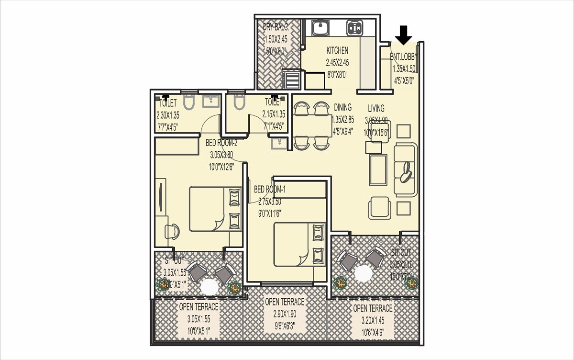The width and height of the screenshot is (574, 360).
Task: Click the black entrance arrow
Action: (x=405, y=34)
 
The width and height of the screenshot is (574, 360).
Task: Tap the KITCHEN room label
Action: (x=337, y=50)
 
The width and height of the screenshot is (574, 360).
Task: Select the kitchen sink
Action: (x=319, y=28)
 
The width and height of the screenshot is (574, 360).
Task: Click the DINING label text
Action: (x=342, y=107)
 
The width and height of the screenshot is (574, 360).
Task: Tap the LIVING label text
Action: (x=376, y=108)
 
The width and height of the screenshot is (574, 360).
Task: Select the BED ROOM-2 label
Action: (x=221, y=142)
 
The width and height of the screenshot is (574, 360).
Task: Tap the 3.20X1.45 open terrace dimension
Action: (x=373, y=318)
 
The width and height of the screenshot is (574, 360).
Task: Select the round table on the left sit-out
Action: (x=209, y=287)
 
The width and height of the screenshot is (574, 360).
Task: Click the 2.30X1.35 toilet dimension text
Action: (x=167, y=115)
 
